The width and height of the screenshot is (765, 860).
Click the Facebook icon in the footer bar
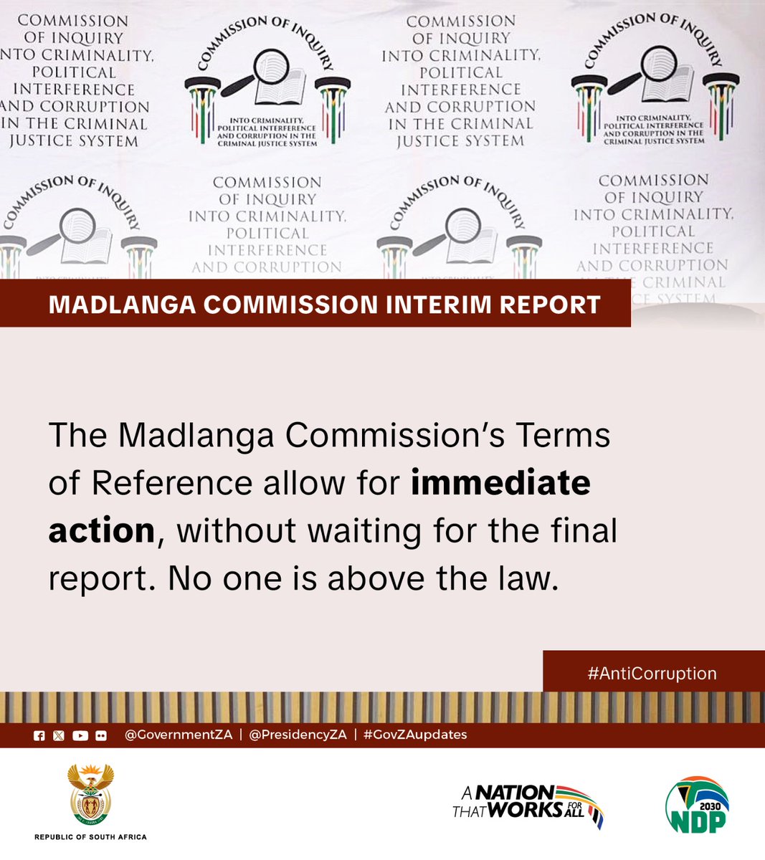click(39, 735)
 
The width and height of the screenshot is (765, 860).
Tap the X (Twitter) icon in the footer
click(59, 735)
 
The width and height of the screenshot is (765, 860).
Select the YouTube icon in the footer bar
click(80, 735)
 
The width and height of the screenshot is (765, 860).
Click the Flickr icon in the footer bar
click(101, 735)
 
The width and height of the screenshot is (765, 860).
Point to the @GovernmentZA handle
click(179, 735)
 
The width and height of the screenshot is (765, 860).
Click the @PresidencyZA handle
click(298, 735)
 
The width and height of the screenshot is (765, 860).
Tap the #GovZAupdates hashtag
click(415, 735)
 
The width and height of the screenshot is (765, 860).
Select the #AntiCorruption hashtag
click(652, 674)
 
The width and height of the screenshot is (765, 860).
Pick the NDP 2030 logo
click(697, 805)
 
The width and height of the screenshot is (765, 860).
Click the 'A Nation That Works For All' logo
click(528, 803)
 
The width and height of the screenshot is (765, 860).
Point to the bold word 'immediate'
click(500, 483)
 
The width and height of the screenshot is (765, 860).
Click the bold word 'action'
click(102, 531)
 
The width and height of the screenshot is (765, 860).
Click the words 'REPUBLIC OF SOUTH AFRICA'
click(90, 836)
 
